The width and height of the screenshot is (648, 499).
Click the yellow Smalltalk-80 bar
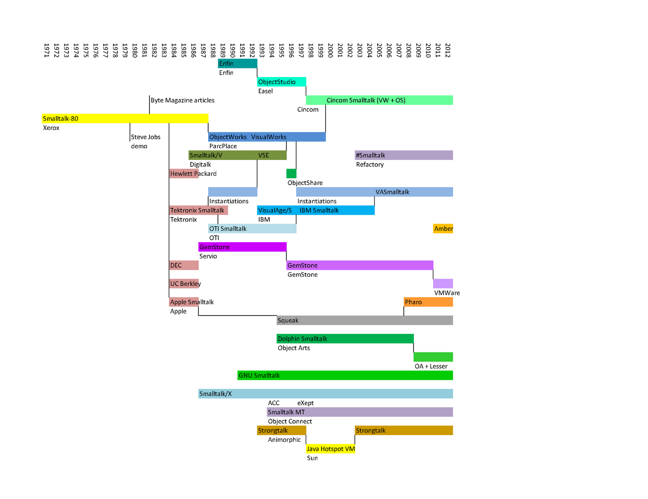tap(125, 119)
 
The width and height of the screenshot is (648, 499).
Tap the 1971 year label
tap(47, 50)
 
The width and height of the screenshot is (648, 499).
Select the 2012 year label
tap(448, 50)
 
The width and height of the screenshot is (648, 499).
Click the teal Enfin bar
tap(237, 64)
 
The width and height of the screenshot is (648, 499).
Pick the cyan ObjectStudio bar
tap(281, 82)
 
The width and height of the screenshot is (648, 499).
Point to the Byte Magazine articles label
tap(183, 100)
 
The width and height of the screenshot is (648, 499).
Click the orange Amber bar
tap(443, 229)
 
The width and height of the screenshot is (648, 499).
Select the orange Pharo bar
tap(428, 302)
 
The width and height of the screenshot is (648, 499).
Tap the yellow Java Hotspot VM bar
tap(330, 449)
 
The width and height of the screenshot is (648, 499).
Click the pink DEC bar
tap(184, 265)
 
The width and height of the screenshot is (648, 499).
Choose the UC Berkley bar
tap(184, 284)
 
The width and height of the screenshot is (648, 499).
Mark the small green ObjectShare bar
tap(291, 173)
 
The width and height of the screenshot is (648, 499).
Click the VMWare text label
tap(447, 293)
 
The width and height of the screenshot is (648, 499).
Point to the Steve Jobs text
tap(146, 137)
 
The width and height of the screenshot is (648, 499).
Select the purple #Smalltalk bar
tap(404, 155)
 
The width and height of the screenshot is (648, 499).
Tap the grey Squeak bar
tap(364, 320)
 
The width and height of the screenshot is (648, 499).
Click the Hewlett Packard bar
tap(184, 174)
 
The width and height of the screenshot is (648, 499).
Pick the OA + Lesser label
tap(431, 366)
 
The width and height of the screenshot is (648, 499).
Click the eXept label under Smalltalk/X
tap(305, 403)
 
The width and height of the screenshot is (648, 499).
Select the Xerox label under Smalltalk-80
tap(51, 128)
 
